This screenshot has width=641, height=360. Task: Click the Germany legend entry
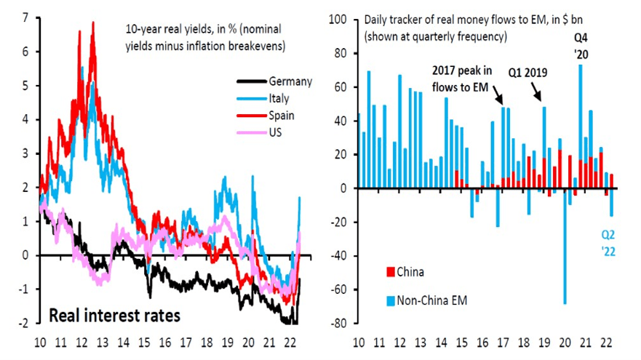[290, 81]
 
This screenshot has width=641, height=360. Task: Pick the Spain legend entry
[283, 115]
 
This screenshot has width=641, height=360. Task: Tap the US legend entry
[276, 132]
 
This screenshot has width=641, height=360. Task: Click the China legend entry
[410, 272]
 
